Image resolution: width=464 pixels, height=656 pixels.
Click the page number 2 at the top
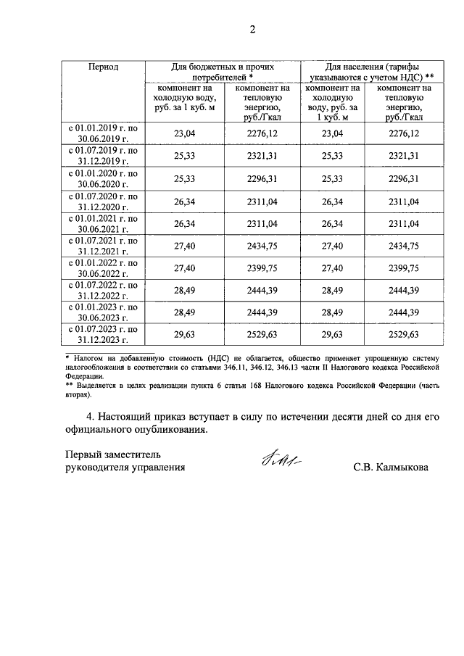[x=252, y=30]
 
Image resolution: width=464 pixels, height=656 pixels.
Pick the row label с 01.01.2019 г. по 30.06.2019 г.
[x=103, y=133]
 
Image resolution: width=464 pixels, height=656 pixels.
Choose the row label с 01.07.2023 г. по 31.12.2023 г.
[x=103, y=334]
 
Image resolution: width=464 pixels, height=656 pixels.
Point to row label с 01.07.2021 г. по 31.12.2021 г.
[x=103, y=246]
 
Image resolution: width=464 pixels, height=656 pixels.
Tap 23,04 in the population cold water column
[x=331, y=133]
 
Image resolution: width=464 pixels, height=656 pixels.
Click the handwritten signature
[x=278, y=460]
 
